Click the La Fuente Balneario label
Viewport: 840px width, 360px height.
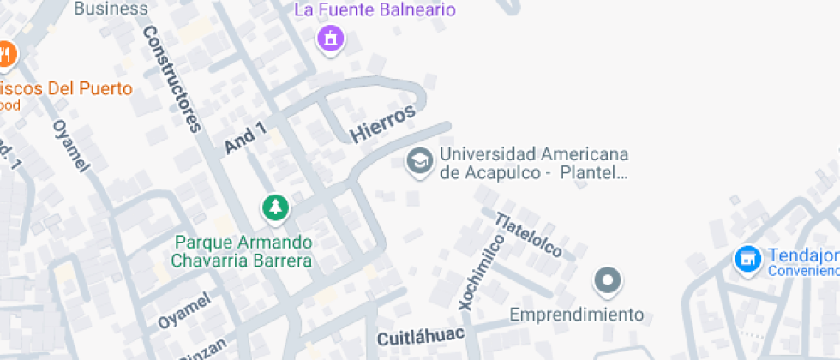[x=375, y=10]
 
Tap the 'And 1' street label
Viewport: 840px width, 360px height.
[x=245, y=139]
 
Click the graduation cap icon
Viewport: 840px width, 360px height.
[x=419, y=159]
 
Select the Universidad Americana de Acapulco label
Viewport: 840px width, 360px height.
[x=534, y=164]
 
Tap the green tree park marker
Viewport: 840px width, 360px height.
[x=274, y=207]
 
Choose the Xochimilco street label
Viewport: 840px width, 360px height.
[x=478, y=270]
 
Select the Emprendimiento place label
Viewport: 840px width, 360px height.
[x=576, y=315]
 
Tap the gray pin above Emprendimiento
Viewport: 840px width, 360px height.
[x=608, y=279]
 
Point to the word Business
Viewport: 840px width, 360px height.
[x=111, y=9]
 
